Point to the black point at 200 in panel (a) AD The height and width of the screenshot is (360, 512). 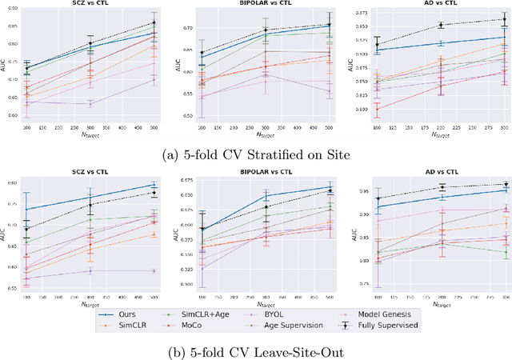[x=441, y=25]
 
